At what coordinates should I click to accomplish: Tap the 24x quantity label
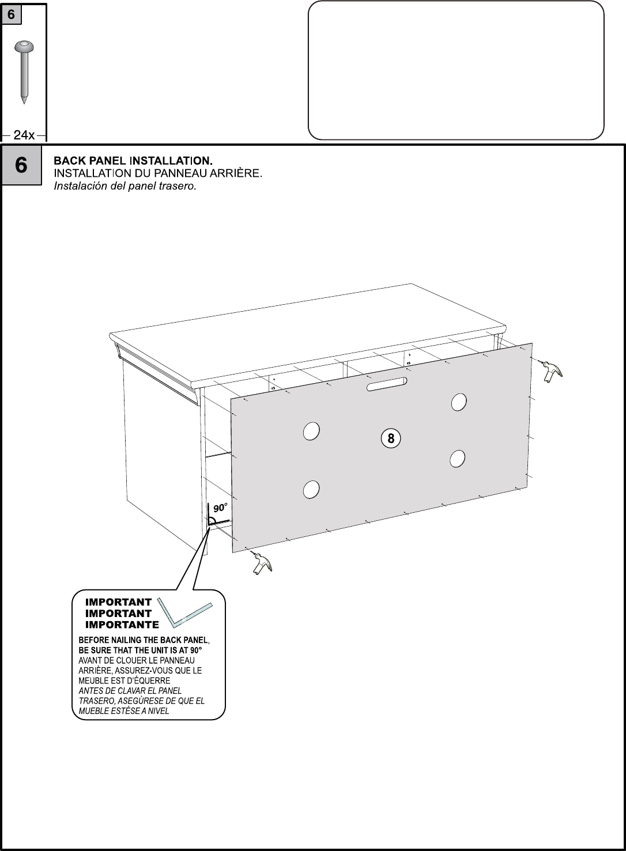(x=24, y=135)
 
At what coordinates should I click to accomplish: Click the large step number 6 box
(x=21, y=165)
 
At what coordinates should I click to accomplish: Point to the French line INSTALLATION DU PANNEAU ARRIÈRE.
(x=158, y=173)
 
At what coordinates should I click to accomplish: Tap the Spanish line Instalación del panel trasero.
(x=125, y=186)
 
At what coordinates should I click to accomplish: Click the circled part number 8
(x=391, y=438)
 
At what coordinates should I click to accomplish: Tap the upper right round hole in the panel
(x=459, y=402)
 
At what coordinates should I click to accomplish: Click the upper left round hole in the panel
(x=311, y=431)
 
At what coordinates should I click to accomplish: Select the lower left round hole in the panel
(x=311, y=489)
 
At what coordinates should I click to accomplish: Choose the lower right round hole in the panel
(x=457, y=459)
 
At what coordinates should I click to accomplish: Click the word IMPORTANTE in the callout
(x=122, y=625)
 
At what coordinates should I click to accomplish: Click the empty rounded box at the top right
(x=456, y=70)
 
